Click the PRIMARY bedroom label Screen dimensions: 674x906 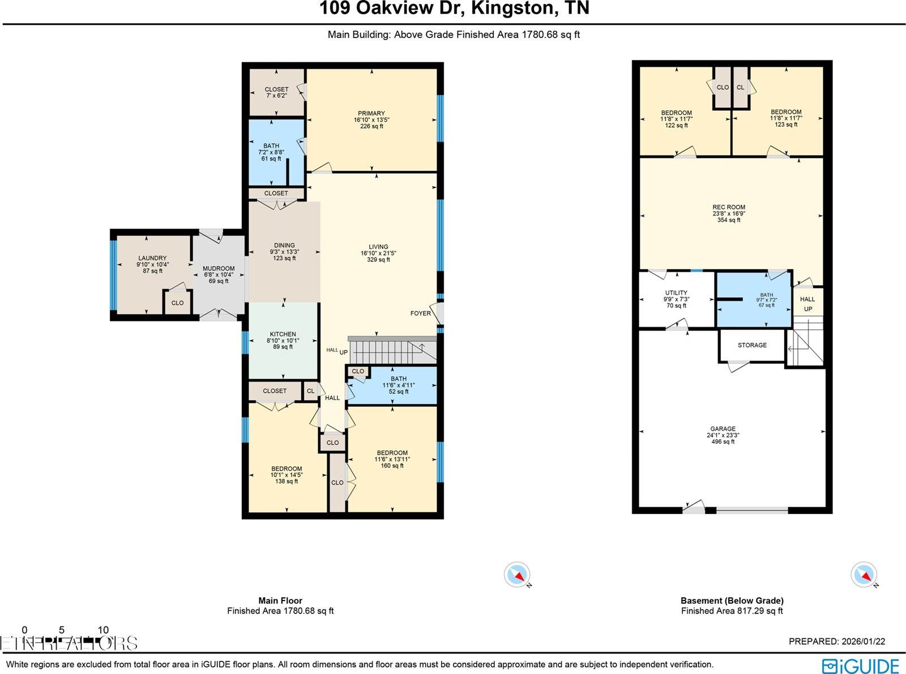point(371,114)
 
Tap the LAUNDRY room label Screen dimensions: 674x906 point(152,258)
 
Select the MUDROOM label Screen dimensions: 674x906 point(219,269)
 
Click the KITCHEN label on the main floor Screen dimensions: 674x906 point(283,334)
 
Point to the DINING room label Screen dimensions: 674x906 point(284,246)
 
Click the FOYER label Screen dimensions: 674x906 point(420,314)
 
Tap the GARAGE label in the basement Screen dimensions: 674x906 point(723,429)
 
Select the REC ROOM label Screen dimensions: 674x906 point(729,207)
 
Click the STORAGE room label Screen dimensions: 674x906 point(752,345)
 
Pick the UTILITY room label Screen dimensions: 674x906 point(676,293)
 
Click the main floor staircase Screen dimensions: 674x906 point(391,351)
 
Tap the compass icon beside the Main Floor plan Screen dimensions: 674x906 point(517,575)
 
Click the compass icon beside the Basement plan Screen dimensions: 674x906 point(864,575)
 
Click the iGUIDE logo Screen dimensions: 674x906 point(860,666)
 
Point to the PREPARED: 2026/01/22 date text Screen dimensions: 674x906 point(836,641)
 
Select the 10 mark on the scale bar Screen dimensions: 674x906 point(103,630)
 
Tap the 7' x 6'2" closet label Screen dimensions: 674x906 point(276,96)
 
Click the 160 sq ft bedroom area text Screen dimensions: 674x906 point(392,466)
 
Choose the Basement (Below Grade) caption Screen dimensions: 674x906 point(732,600)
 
